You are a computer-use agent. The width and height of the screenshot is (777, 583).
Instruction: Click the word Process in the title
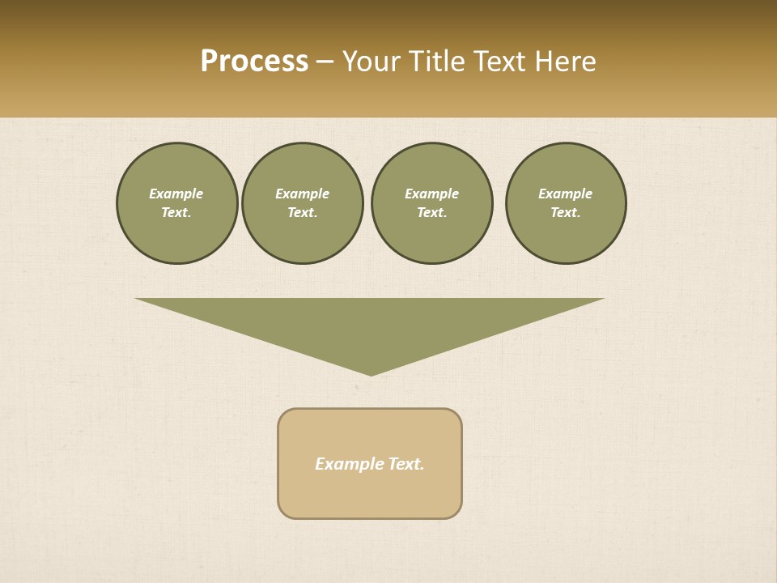pyautogui.click(x=254, y=62)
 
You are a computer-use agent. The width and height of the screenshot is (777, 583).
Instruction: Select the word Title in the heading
pyautogui.click(x=437, y=62)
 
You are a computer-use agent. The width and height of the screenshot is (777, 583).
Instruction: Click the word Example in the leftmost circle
pyautogui.click(x=176, y=194)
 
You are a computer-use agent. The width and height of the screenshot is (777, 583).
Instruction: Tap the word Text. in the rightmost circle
pyautogui.click(x=566, y=213)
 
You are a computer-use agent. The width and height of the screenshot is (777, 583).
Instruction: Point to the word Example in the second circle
pyautogui.click(x=303, y=194)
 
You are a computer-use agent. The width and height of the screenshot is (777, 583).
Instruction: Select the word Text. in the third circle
pyautogui.click(x=432, y=213)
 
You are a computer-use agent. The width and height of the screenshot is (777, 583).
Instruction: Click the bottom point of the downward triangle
pyautogui.click(x=371, y=373)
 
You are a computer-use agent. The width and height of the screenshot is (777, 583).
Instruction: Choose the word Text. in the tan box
pyautogui.click(x=406, y=464)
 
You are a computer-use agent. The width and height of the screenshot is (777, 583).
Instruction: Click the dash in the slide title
pyautogui.click(x=325, y=62)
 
